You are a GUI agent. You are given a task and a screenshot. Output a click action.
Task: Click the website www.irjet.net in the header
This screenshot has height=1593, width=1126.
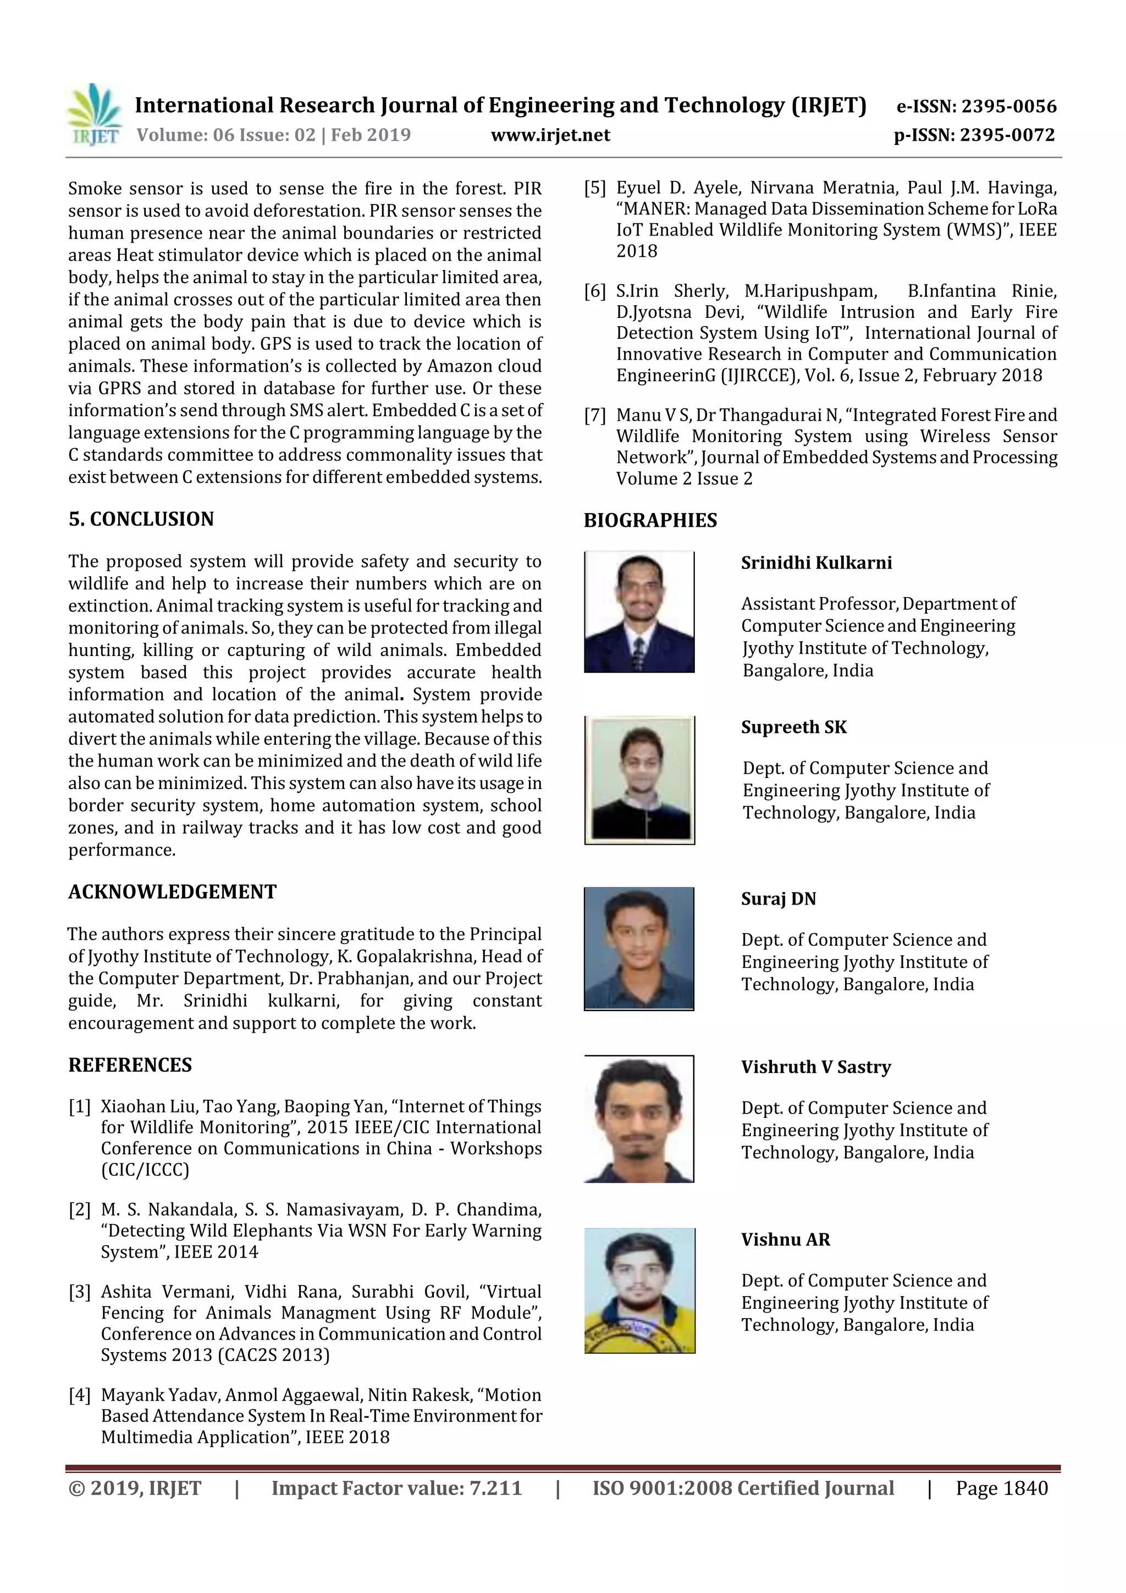550,135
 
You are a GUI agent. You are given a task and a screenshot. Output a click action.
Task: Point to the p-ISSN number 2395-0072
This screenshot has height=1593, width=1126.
1007,135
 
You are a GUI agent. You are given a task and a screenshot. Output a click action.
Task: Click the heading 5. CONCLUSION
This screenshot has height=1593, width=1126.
141,519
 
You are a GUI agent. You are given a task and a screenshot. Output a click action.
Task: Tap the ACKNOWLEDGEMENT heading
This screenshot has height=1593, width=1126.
172,891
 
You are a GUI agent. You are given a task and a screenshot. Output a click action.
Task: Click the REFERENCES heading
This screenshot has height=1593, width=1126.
130,1065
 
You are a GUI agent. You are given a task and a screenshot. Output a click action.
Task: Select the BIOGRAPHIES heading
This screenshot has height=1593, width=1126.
650,520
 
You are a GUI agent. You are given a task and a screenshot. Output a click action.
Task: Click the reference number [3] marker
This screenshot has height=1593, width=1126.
80,1292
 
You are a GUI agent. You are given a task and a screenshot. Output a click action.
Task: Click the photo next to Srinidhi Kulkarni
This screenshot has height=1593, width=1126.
639,612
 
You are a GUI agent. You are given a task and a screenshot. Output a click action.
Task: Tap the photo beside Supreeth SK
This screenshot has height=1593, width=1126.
639,780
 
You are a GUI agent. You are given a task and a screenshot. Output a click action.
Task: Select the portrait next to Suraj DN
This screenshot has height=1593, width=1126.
639,949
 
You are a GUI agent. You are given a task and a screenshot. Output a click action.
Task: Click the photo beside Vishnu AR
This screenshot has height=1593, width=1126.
639,1291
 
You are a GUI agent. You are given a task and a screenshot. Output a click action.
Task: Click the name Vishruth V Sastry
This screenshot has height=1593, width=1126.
815,1067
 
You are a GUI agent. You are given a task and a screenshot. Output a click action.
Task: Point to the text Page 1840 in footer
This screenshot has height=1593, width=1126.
1001,1488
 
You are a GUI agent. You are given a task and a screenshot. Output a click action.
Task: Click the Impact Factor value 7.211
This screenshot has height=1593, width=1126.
495,1488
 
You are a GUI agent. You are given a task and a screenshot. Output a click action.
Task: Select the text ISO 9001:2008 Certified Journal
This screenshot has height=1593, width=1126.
742,1488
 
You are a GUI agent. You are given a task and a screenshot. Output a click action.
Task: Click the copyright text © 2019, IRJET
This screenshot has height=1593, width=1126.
135,1488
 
